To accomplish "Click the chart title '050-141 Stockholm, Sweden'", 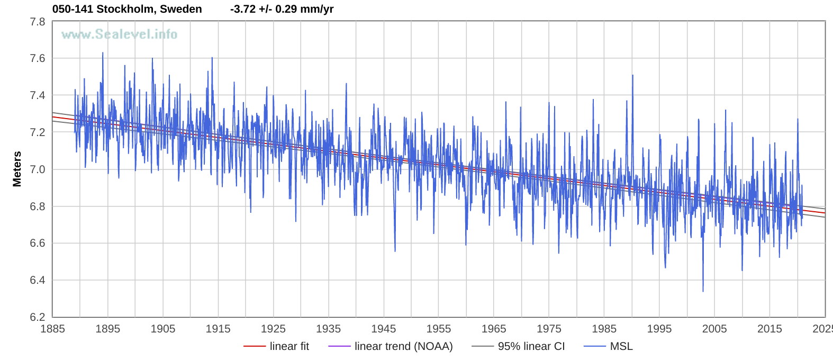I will pyautogui.click(x=127, y=9).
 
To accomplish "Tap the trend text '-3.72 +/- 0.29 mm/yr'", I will pyautogui.click(x=282, y=9).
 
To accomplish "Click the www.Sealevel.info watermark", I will pyautogui.click(x=119, y=34).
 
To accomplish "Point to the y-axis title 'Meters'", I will pyautogui.click(x=17, y=169).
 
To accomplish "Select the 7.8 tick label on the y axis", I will pyautogui.click(x=38, y=22).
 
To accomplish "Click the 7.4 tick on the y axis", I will pyautogui.click(x=38, y=95).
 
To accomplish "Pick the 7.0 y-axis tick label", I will pyautogui.click(x=38, y=169).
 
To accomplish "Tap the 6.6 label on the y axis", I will pyautogui.click(x=38, y=244).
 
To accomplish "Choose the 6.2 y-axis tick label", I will pyautogui.click(x=38, y=317).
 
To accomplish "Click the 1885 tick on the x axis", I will pyautogui.click(x=53, y=329).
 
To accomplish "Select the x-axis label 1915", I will pyautogui.click(x=218, y=329).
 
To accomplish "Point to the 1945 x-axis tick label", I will pyautogui.click(x=384, y=329).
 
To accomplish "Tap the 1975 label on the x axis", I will pyautogui.click(x=549, y=329).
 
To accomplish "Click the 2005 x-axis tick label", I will pyautogui.click(x=714, y=329).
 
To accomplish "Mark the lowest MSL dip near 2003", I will pyautogui.click(x=703, y=291).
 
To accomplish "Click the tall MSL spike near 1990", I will pyautogui.click(x=632, y=76).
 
